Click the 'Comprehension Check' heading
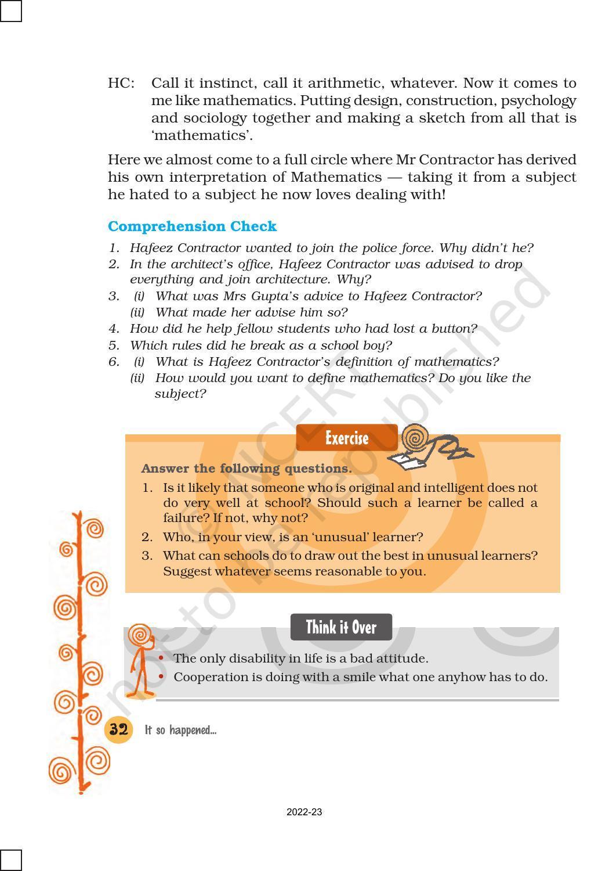(192, 226)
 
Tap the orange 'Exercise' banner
(346, 438)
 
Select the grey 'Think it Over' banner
(341, 628)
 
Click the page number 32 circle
(118, 729)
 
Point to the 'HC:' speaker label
(121, 84)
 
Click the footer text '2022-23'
(304, 812)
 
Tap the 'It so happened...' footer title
(180, 730)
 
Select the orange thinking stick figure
(140, 662)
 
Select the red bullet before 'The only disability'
(161, 658)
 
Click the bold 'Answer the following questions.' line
(246, 469)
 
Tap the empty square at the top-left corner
(11, 11)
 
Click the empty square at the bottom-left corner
(11, 860)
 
